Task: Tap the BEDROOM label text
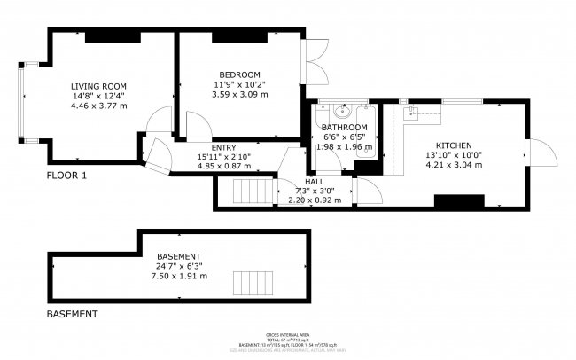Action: pos(239,74)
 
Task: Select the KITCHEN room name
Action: pos(453,145)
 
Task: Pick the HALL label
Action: pos(315,181)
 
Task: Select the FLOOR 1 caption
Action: pos(66,176)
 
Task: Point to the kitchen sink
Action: pos(412,112)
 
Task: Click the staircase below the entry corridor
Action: pos(247,192)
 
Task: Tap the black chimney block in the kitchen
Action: pos(458,203)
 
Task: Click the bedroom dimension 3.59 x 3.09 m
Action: pos(239,94)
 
